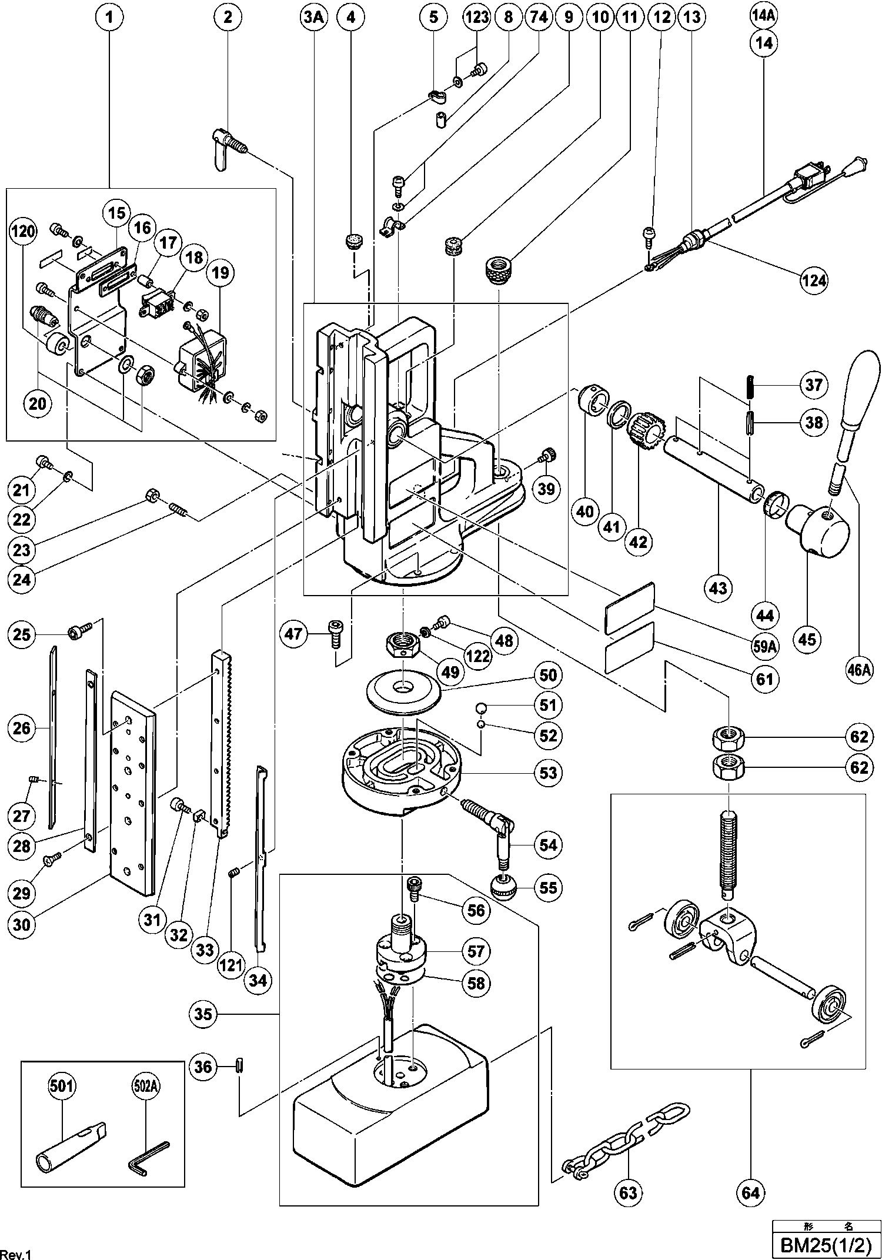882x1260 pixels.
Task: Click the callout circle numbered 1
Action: pyautogui.click(x=110, y=17)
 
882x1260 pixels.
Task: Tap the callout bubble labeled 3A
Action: pyautogui.click(x=313, y=17)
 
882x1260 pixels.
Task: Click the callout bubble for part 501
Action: pyautogui.click(x=63, y=1086)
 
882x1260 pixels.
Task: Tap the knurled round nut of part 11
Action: pyautogui.click(x=500, y=270)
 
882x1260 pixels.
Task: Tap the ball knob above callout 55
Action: pyautogui.click(x=501, y=886)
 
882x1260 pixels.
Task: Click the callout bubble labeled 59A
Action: pyautogui.click(x=765, y=646)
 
